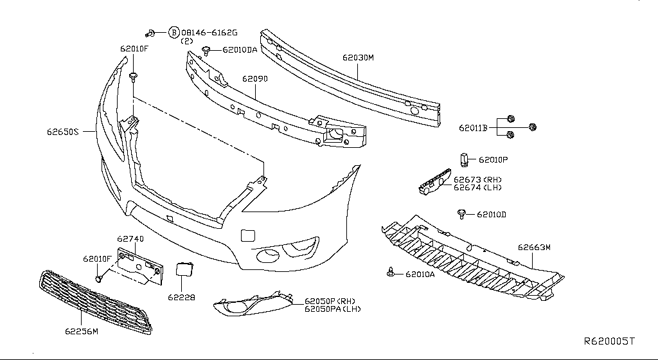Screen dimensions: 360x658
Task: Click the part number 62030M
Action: (x=358, y=58)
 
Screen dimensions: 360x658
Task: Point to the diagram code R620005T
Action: (x=609, y=341)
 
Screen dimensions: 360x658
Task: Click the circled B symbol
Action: (x=173, y=32)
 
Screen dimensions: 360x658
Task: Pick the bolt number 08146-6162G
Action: (x=209, y=32)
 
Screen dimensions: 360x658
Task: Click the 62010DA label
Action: (x=240, y=50)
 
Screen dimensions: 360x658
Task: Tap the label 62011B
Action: (x=474, y=128)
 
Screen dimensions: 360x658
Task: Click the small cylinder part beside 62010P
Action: (x=463, y=158)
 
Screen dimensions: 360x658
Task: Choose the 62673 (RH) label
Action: (x=477, y=180)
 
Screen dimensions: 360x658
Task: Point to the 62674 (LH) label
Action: (x=477, y=188)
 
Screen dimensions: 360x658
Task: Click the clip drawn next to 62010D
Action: (x=461, y=213)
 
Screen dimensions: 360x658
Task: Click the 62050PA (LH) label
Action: (x=332, y=309)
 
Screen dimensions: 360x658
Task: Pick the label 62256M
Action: (x=81, y=332)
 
